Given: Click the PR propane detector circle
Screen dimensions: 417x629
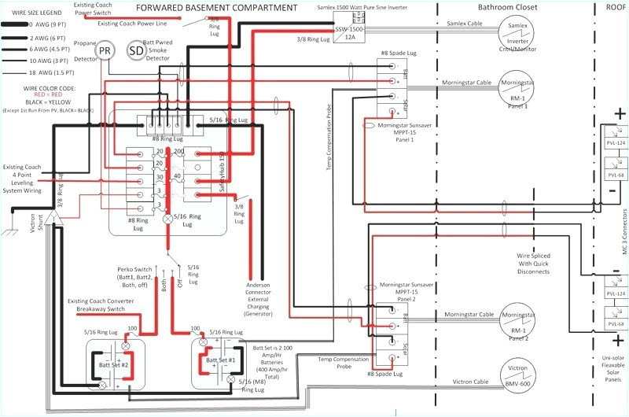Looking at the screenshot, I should (105, 51).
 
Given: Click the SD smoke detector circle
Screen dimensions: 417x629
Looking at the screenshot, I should (137, 51).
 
